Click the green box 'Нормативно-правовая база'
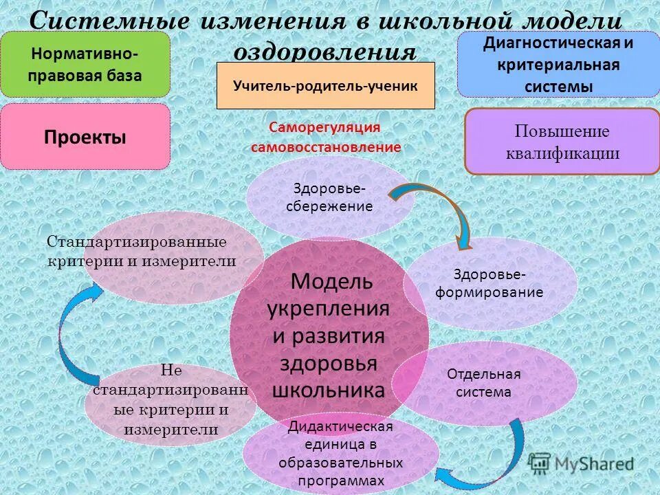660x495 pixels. (85, 64)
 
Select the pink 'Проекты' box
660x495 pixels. (85, 137)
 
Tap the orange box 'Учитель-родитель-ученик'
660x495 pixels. (325, 85)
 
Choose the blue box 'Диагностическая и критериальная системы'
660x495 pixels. (558, 64)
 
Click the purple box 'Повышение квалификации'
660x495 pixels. (562, 142)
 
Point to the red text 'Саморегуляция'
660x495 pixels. (324, 127)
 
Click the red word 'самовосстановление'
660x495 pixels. (326, 146)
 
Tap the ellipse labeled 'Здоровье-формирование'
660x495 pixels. (489, 283)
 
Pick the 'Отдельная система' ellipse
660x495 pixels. (484, 384)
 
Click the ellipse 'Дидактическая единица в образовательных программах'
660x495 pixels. (341, 454)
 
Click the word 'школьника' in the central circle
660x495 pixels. (329, 390)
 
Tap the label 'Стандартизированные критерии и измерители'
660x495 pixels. (142, 252)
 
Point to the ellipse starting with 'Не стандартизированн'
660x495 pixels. (170, 400)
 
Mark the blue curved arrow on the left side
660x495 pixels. (80, 337)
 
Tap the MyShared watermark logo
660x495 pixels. (581, 463)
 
